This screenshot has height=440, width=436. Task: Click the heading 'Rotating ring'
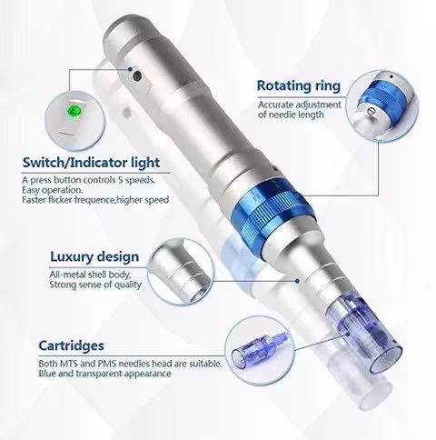tap(299, 86)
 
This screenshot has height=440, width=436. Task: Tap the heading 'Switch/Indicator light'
tap(91, 163)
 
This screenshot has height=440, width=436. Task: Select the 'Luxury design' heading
tap(94, 257)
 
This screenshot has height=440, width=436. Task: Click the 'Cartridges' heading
tap(71, 345)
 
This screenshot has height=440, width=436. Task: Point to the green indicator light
tap(74, 110)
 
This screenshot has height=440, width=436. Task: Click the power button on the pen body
tap(138, 75)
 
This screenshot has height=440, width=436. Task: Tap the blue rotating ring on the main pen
tap(270, 209)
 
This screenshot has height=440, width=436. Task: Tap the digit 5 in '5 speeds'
tap(121, 180)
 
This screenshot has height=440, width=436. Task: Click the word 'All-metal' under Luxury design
tap(67, 275)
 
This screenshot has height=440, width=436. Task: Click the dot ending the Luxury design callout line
tap(297, 281)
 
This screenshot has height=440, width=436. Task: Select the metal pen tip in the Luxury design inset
tap(181, 273)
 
